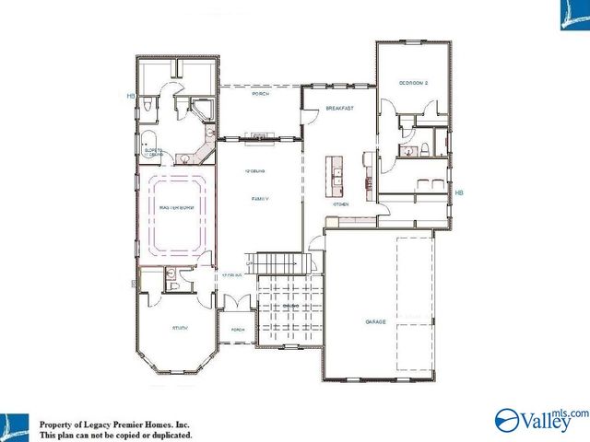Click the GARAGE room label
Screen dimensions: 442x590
point(374,321)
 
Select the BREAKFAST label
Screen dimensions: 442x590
point(339,109)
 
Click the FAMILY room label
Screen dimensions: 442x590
point(260,198)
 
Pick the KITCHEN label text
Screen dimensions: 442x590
point(339,203)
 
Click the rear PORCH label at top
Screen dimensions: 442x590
point(260,94)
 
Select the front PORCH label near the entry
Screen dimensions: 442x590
point(237,330)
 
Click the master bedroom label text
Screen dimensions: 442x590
point(174,208)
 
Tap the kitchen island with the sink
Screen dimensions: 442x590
point(333,178)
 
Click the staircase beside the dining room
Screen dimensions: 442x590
point(274,262)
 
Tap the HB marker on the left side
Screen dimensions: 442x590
point(131,96)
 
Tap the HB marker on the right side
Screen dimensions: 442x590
point(458,192)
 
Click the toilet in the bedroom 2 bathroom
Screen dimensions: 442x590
point(423,150)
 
